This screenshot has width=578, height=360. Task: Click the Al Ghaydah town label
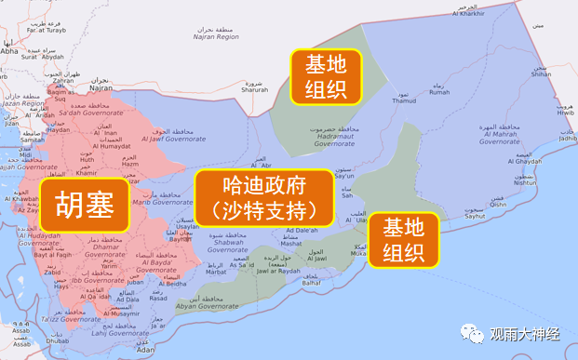pos(523,161)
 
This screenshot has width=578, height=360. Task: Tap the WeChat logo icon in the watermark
pos(475,330)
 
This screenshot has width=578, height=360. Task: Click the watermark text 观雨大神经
pos(526,331)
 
